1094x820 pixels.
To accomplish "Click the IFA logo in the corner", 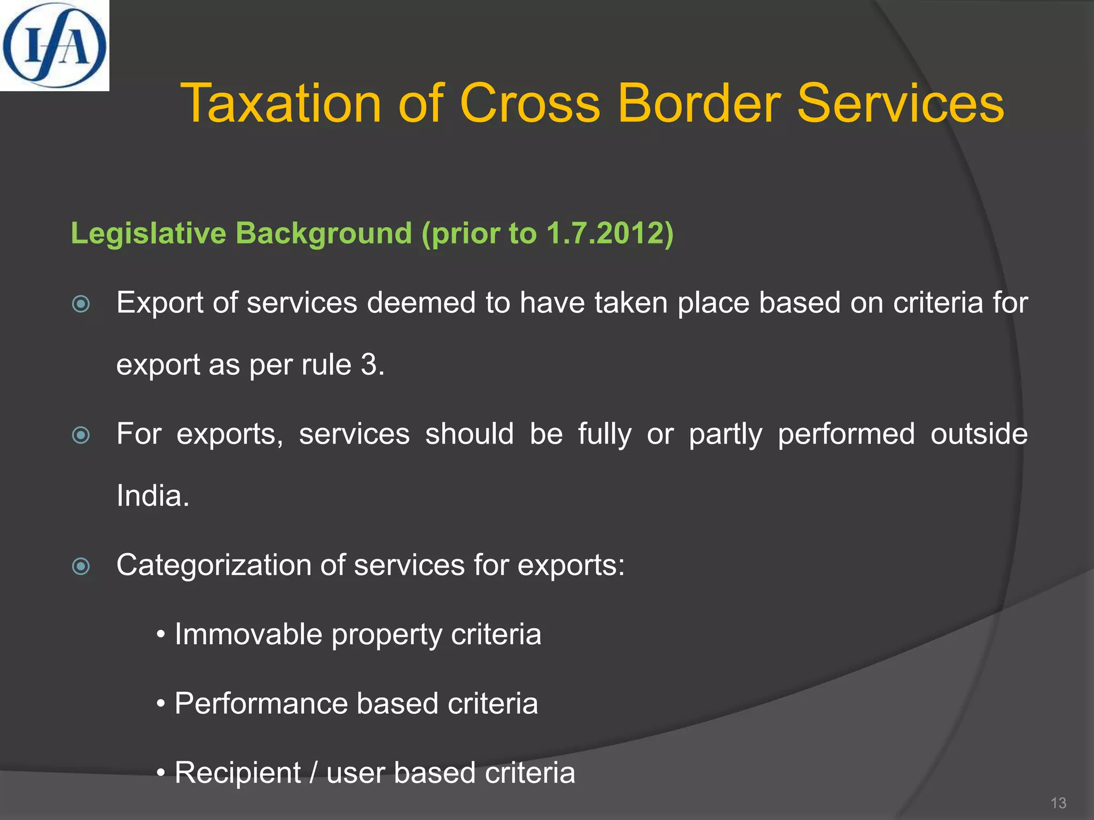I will pyautogui.click(x=54, y=45).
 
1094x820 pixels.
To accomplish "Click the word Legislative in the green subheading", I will pyautogui.click(x=149, y=233).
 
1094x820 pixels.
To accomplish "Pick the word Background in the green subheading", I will pyautogui.click(x=324, y=233).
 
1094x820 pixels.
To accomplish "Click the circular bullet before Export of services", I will pyautogui.click(x=81, y=304).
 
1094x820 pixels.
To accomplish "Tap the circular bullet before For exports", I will pyautogui.click(x=81, y=435).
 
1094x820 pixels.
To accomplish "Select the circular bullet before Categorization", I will pyautogui.click(x=81, y=566).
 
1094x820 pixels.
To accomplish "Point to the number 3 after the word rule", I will pyautogui.click(x=370, y=365).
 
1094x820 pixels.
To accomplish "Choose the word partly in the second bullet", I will pyautogui.click(x=725, y=434).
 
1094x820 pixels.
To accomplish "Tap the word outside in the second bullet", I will pyautogui.click(x=979, y=433).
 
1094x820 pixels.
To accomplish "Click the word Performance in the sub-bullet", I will pyautogui.click(x=261, y=703).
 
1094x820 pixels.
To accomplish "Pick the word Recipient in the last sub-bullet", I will pyautogui.click(x=238, y=772).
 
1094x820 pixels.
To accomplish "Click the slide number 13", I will pyautogui.click(x=1058, y=803).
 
